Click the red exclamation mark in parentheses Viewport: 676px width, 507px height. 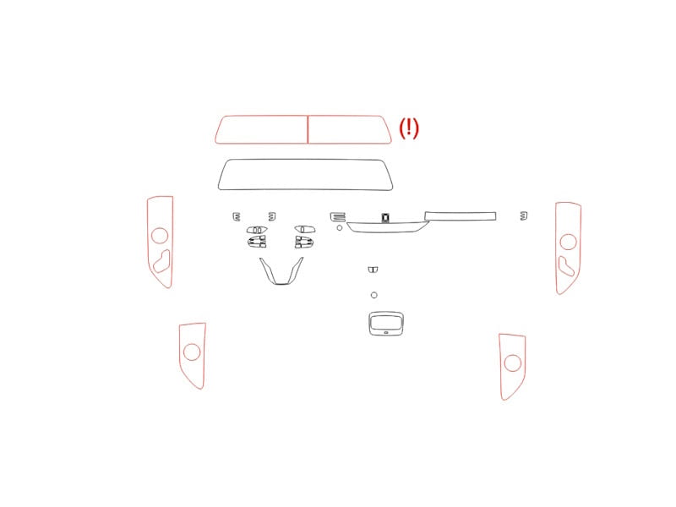(409, 128)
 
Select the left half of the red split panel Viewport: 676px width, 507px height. (262, 129)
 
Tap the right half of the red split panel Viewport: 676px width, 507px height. (349, 129)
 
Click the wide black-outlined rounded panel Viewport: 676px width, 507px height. (305, 175)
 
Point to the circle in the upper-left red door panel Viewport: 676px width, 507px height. (160, 236)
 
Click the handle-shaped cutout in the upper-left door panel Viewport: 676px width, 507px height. (161, 262)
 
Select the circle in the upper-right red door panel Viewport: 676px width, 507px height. (568, 242)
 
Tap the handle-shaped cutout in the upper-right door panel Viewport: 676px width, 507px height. (565, 266)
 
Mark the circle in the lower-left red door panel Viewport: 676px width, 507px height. (192, 352)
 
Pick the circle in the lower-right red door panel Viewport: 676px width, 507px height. (513, 363)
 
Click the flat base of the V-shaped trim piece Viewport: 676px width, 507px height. (281, 283)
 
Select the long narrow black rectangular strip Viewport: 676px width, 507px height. (460, 216)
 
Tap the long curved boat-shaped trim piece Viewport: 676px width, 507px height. (388, 227)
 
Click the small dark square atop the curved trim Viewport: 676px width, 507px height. (385, 218)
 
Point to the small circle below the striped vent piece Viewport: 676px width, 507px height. (340, 227)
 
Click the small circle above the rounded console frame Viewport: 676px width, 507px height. (373, 295)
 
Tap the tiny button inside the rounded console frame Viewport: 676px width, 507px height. (386, 332)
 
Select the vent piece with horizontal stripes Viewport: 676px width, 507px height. (337, 217)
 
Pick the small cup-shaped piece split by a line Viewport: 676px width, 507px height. (373, 270)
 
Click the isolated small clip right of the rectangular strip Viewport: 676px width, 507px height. (523, 215)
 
